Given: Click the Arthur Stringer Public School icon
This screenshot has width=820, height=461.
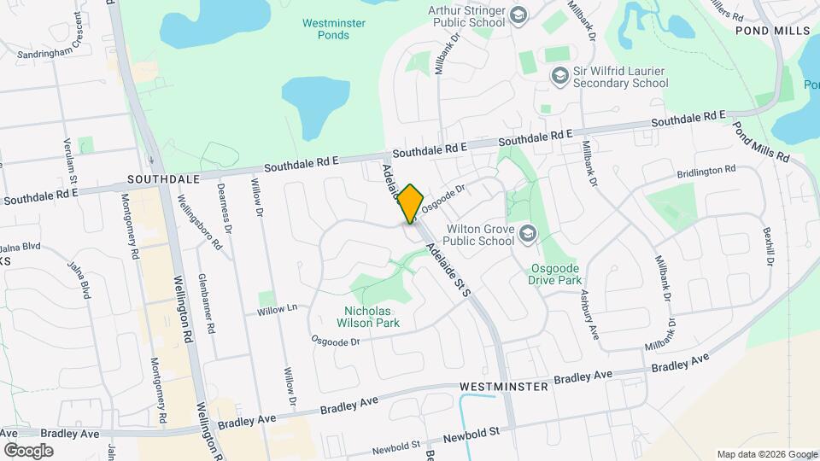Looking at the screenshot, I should [518, 15].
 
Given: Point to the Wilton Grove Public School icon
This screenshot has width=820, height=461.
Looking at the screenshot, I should [529, 234].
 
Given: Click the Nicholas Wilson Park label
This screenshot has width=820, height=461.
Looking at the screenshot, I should [372, 317].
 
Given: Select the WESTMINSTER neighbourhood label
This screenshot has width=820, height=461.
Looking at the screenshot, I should [502, 387].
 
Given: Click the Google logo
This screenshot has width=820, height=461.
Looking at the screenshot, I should [28, 450].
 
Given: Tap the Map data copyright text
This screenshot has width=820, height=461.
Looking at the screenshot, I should [766, 454].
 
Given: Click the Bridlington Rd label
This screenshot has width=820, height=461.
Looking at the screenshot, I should [706, 171].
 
